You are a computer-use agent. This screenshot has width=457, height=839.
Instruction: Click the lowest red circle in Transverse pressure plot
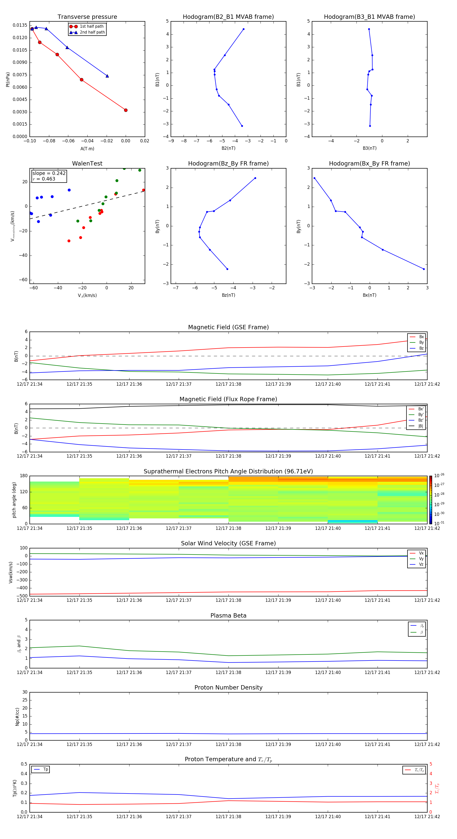(126, 110)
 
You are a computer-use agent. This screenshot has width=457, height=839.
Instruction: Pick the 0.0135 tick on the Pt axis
(20, 25)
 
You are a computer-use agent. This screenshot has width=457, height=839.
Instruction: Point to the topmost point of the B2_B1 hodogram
(243, 29)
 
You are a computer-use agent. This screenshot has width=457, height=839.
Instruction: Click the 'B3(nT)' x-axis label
(369, 148)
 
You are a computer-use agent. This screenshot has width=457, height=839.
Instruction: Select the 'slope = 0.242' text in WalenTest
(49, 173)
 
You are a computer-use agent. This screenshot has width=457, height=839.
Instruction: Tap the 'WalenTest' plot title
(87, 163)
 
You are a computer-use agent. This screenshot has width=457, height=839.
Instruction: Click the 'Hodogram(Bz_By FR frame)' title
(228, 163)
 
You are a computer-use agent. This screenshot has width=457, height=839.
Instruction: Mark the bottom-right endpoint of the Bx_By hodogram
(423, 269)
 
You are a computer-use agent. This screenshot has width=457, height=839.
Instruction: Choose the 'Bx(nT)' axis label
(369, 295)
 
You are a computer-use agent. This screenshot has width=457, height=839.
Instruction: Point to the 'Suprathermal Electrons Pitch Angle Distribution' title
(228, 471)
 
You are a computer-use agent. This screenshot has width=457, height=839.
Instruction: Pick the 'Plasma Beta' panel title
(228, 616)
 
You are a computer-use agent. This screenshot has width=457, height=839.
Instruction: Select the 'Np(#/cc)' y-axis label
(18, 716)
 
